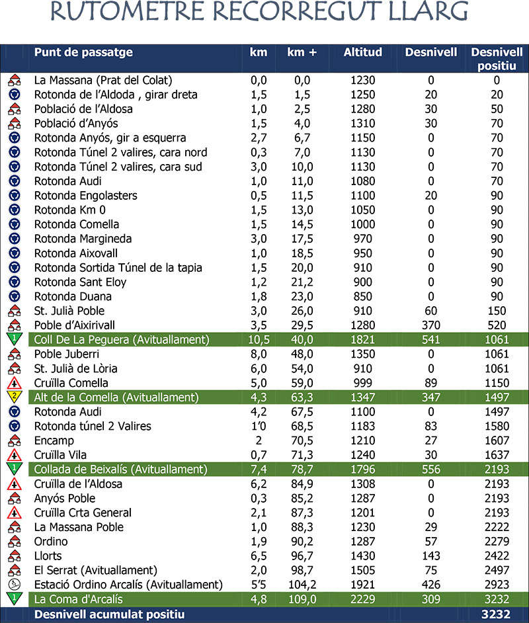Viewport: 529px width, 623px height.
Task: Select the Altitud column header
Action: click(x=363, y=52)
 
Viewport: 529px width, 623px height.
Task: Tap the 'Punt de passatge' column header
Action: click(x=83, y=52)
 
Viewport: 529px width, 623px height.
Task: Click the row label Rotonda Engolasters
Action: click(x=86, y=196)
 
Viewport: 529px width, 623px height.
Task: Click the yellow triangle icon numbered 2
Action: click(x=13, y=397)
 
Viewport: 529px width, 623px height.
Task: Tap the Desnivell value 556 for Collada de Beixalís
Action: click(x=430, y=470)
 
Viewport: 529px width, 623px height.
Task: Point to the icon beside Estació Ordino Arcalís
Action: click(x=13, y=585)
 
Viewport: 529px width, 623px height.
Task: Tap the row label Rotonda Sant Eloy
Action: click(x=80, y=282)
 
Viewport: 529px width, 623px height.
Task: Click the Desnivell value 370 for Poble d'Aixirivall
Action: click(x=430, y=325)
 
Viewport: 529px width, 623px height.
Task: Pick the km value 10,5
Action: click(x=259, y=340)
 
